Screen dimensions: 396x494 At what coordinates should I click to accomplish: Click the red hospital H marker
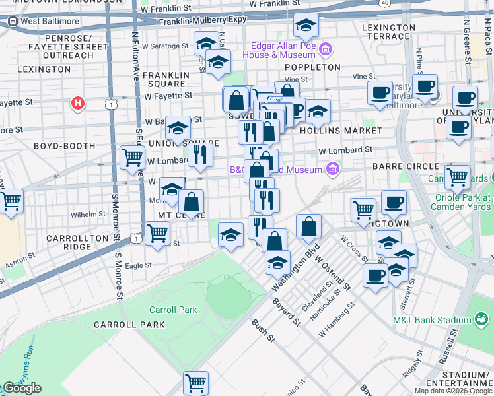[78, 104]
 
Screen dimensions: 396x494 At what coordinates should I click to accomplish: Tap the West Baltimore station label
[50, 21]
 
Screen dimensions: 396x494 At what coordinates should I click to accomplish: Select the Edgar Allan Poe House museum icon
[324, 49]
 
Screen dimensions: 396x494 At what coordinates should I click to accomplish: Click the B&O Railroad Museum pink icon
[333, 170]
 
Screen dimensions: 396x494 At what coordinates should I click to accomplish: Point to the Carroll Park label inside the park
[173, 310]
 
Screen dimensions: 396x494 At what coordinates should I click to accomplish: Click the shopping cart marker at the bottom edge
[195, 382]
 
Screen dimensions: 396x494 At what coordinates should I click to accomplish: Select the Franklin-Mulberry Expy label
[202, 20]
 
